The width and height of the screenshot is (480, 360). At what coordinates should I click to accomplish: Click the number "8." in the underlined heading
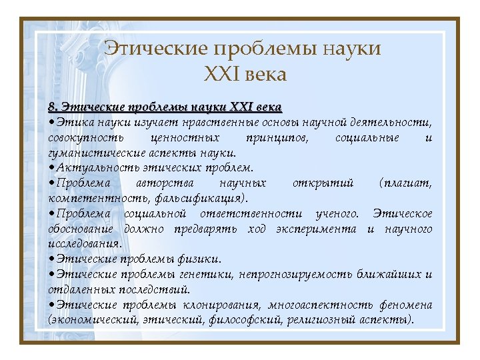click(x=54, y=107)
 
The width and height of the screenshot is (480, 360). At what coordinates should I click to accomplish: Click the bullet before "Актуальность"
click(x=51, y=168)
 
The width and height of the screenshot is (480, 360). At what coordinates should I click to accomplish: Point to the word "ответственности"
click(x=252, y=213)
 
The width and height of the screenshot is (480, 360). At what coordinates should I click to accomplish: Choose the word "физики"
click(x=201, y=259)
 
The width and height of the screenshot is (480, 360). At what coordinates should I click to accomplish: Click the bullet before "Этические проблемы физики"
click(x=51, y=259)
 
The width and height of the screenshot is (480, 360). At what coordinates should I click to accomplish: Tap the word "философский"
click(x=244, y=319)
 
